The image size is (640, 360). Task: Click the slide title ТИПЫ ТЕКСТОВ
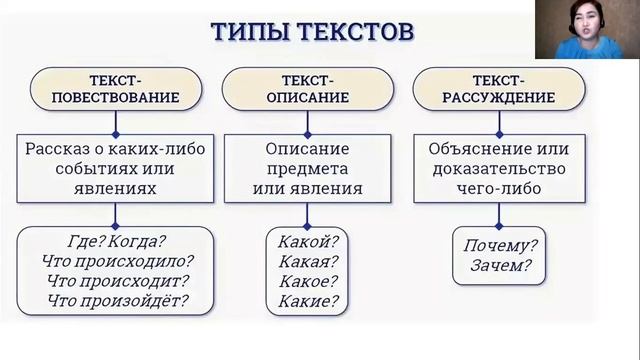[311, 31]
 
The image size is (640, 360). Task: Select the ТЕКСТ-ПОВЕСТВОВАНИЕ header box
[118, 89]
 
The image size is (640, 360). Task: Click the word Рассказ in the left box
[62, 149]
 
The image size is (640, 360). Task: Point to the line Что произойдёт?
[116, 300]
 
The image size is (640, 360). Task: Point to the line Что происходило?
[116, 261]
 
